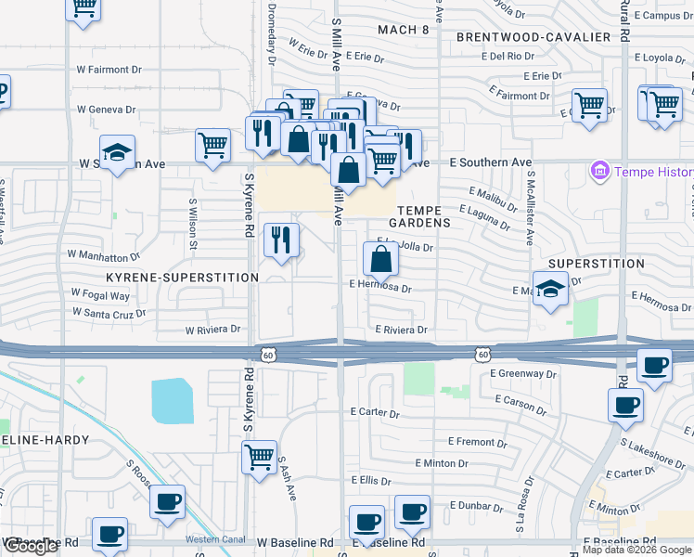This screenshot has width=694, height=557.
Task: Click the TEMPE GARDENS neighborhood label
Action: (x=425, y=216)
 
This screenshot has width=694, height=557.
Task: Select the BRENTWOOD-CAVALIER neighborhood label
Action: (x=533, y=37)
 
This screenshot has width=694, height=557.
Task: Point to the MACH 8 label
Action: (x=404, y=30)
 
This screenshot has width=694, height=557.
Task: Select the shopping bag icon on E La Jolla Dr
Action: (x=381, y=260)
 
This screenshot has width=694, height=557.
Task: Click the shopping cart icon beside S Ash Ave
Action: (x=259, y=457)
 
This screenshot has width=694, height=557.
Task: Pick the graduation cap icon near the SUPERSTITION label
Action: (x=550, y=289)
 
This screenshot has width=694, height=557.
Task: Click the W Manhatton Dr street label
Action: (x=104, y=254)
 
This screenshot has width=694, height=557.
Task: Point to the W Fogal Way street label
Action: (x=102, y=296)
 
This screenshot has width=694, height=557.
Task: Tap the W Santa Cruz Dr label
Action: (x=110, y=314)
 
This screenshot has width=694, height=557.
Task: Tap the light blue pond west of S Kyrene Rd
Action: (x=173, y=399)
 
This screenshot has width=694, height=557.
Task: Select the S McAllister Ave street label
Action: (x=530, y=209)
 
